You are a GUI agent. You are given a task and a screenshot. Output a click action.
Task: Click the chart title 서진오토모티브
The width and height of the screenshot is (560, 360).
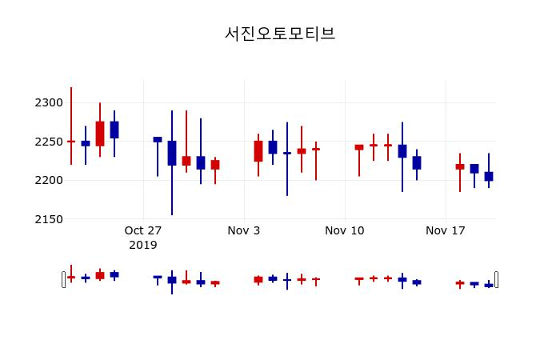click(x=279, y=34)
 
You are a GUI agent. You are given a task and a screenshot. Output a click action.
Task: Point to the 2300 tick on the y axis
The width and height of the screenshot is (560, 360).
click(x=48, y=102)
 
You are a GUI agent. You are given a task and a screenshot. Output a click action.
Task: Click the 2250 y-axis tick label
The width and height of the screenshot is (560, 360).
click(x=48, y=142)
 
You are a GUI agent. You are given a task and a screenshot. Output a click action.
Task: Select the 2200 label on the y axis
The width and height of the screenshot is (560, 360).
click(x=48, y=180)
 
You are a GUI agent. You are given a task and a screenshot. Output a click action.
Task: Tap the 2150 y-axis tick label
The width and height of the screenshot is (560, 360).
click(x=48, y=218)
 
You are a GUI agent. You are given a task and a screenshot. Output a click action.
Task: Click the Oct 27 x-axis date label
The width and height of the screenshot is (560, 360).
click(x=143, y=230)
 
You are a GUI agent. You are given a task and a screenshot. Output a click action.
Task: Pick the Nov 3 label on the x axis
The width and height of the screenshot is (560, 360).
click(x=244, y=230)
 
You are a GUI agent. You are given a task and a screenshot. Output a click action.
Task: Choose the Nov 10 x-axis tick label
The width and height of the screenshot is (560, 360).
click(x=345, y=230)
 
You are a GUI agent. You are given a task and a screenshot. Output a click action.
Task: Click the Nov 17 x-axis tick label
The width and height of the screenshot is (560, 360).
click(x=446, y=230)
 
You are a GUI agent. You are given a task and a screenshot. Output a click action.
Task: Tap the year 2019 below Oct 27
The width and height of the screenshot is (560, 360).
click(x=143, y=245)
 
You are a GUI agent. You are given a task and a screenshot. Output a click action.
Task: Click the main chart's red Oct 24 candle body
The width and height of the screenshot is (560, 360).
click(x=100, y=134)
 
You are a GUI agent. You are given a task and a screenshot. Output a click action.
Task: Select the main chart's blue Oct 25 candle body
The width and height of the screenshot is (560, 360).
click(x=114, y=130)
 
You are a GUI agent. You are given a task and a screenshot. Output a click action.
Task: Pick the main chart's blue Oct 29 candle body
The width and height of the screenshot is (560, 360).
click(x=172, y=153)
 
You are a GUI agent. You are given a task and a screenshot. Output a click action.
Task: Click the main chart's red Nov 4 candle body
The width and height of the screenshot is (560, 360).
click(x=258, y=151)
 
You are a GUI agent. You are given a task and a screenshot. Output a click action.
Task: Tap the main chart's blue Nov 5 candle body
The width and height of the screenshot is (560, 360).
click(x=273, y=147)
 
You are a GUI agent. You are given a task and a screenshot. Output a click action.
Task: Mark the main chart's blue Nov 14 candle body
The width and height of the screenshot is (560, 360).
click(x=402, y=151)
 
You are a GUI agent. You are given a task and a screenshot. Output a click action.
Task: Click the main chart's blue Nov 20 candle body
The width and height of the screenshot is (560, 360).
click(x=489, y=176)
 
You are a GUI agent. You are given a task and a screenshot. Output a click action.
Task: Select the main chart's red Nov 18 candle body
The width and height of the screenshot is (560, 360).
click(x=460, y=166)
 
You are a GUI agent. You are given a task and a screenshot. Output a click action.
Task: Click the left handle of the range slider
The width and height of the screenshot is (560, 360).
click(x=64, y=279)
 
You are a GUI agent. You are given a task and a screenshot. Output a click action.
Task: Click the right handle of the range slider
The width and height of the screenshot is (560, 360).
click(x=496, y=279)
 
